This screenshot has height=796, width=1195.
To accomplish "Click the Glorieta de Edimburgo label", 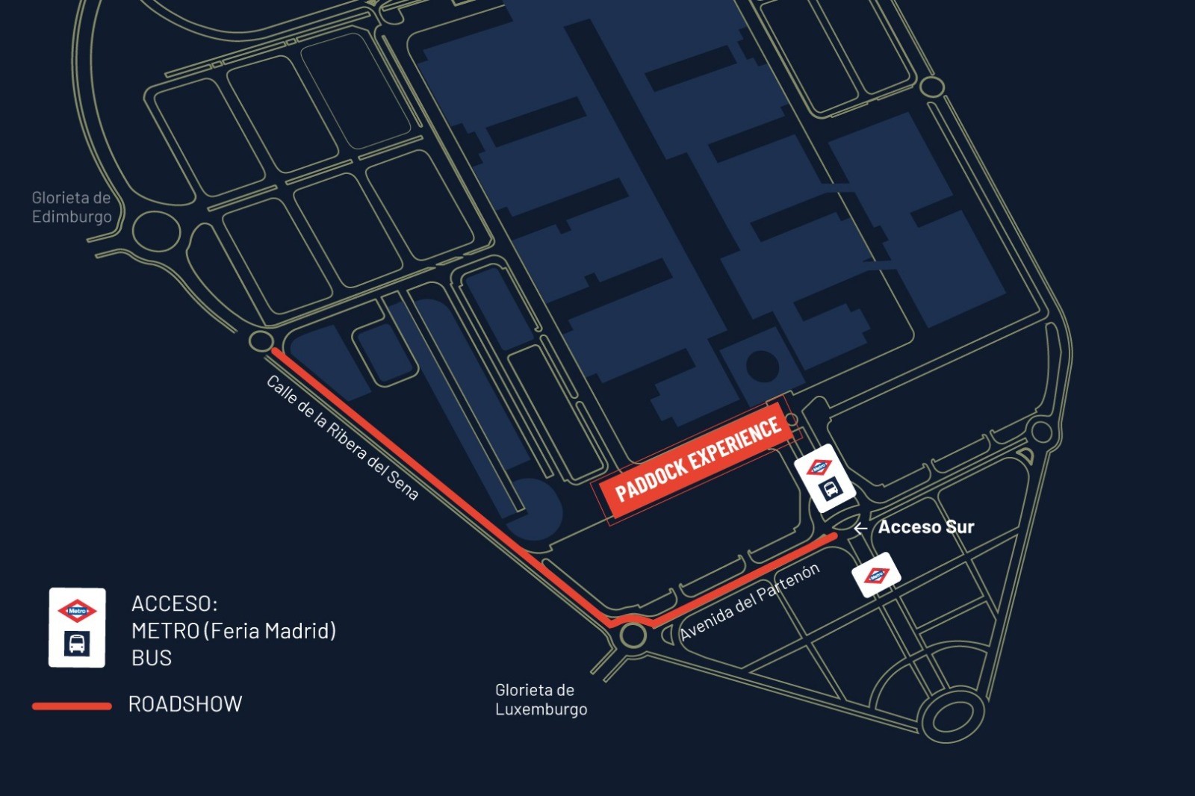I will coord(72,208).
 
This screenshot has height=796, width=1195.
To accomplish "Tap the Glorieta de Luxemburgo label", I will coord(541,700).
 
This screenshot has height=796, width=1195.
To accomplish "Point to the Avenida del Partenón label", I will coord(749,602).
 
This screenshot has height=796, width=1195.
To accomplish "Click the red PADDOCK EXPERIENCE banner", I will coord(698,460).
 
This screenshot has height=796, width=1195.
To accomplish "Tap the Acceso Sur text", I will coord(925,527).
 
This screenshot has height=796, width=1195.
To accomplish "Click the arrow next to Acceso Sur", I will coord(860,528).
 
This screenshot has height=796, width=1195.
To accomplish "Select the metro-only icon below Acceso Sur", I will coord(876,575).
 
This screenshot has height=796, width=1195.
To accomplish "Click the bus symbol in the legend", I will coord(77,644).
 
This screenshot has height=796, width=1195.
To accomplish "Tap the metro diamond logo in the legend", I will coord(77,611).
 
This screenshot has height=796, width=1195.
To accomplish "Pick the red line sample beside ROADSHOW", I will coord(72,706).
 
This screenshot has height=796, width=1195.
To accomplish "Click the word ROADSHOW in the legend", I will coord(185,704).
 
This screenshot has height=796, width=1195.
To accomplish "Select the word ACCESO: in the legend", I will coord(174,603).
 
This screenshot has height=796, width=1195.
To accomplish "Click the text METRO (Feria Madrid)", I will coord(234,631).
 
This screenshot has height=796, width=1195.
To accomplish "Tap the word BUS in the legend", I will coord(152,659).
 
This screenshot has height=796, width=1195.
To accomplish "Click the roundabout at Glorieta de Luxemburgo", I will coord(633,636).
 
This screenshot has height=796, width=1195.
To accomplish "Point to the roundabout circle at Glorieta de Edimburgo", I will coord(156,231).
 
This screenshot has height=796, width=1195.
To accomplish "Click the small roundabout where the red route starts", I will coord(261,342).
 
